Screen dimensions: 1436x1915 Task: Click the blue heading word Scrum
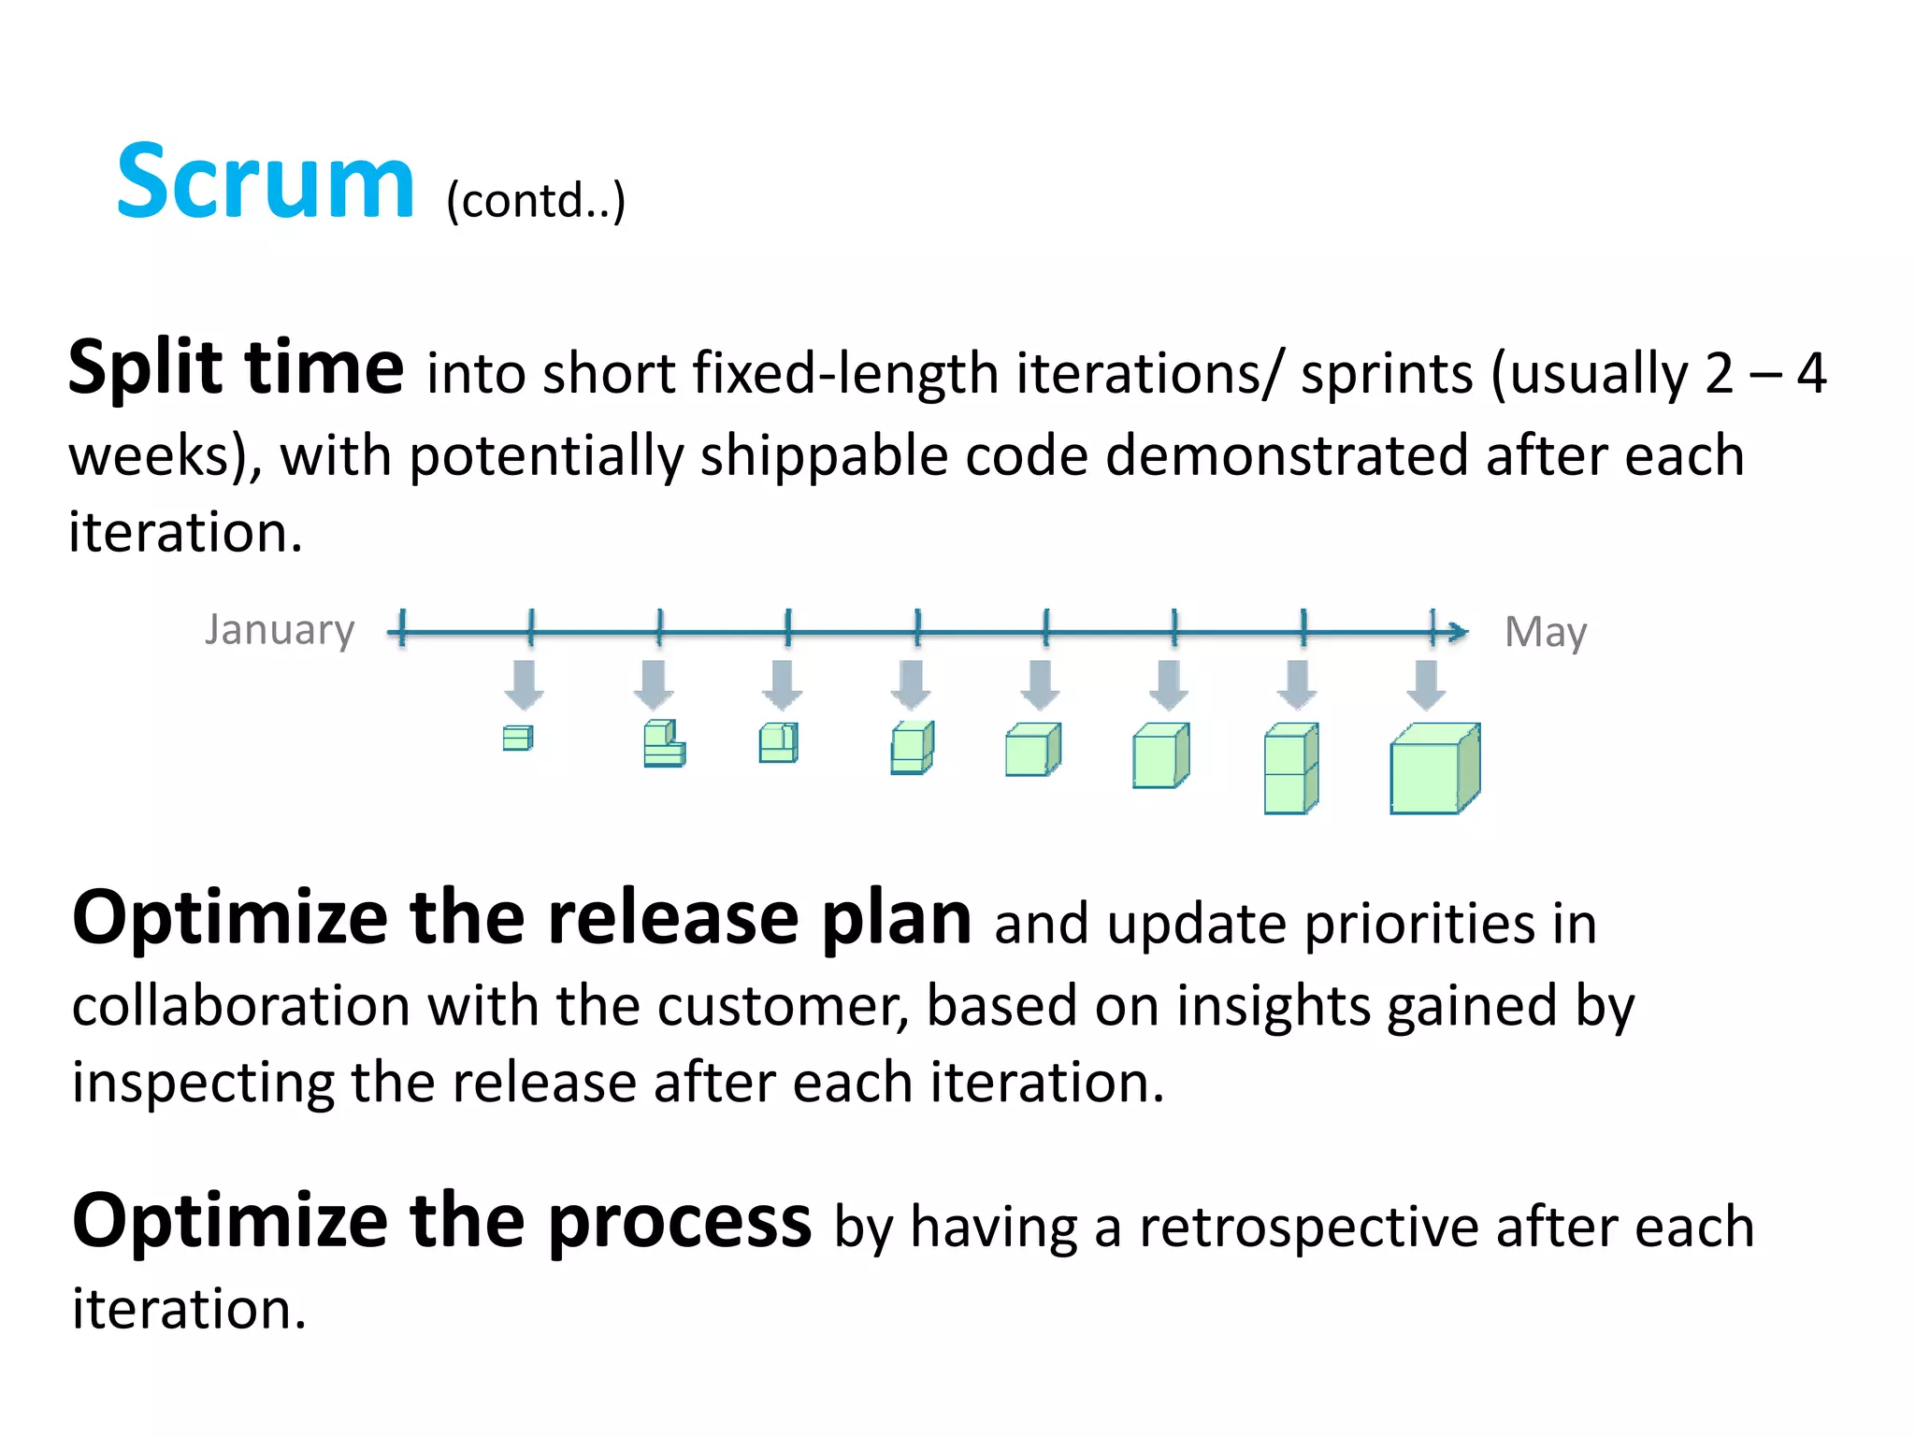(x=265, y=183)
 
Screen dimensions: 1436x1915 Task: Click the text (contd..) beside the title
(x=535, y=201)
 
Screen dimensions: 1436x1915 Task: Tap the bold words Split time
(x=236, y=367)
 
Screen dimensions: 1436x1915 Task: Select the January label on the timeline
(x=280, y=629)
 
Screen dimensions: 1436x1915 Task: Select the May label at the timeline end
(x=1545, y=633)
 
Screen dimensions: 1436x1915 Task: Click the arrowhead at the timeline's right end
(x=1457, y=633)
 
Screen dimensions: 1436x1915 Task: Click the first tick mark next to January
(x=402, y=627)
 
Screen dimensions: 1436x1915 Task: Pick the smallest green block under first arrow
(x=517, y=739)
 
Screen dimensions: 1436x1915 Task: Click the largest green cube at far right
(x=1433, y=769)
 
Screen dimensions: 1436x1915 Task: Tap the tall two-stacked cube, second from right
(x=1290, y=768)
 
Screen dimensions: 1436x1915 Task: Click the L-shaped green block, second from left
(x=663, y=744)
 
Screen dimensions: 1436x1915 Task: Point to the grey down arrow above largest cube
(x=1426, y=683)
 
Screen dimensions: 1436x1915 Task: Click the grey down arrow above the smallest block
(x=524, y=683)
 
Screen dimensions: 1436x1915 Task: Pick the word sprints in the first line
(x=1387, y=374)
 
